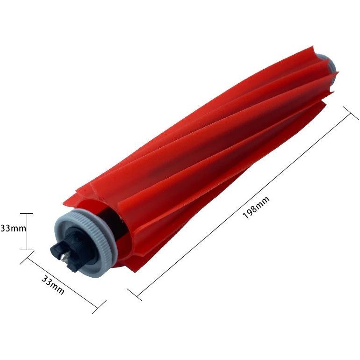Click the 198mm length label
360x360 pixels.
pos(256,207)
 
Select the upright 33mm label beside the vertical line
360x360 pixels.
pos(13,229)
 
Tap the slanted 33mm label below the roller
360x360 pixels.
pos(53,285)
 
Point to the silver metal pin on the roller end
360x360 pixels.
pos(65,256)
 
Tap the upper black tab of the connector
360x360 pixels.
pos(58,248)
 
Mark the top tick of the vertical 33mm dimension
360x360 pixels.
pos(27,214)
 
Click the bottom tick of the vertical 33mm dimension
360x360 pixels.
pos(27,250)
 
